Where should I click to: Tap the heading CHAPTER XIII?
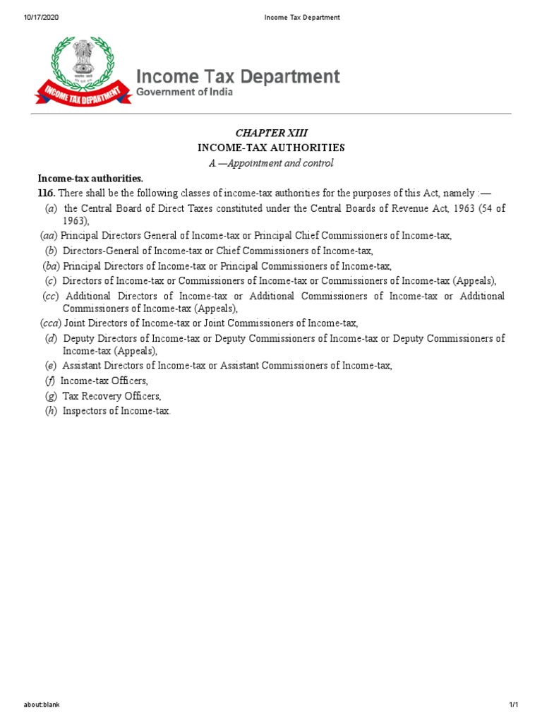tap(271, 133)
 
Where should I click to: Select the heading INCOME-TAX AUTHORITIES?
tap(271, 148)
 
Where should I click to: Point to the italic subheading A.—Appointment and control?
tap(271, 163)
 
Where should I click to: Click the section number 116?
tap(46, 193)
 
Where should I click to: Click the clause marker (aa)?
tap(49, 236)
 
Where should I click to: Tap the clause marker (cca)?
tap(51, 323)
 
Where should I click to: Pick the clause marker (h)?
tap(50, 410)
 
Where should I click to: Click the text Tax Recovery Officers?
tap(112, 396)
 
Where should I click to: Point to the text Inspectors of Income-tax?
tap(116, 410)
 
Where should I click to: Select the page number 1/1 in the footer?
tap(514, 705)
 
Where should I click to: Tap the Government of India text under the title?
tap(184, 92)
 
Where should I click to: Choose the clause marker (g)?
tap(50, 396)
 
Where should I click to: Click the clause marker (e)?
tap(50, 366)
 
